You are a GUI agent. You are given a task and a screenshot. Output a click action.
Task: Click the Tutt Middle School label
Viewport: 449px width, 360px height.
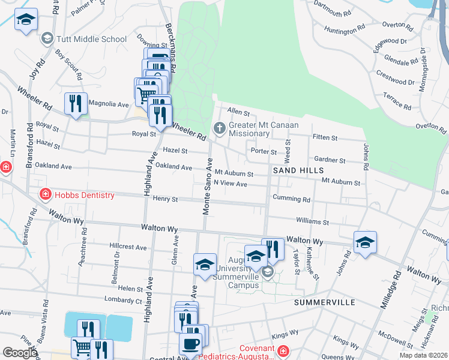click(91, 40)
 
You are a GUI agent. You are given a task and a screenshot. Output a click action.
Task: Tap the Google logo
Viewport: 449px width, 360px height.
click(20, 353)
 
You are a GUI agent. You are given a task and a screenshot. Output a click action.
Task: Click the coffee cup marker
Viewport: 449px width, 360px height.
click(191, 344)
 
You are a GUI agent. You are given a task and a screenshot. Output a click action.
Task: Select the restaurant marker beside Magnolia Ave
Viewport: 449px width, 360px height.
click(76, 104)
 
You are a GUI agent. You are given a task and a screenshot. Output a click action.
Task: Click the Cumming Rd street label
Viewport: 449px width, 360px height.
click(291, 199)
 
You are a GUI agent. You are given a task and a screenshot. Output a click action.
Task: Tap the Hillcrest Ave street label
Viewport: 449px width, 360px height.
click(128, 247)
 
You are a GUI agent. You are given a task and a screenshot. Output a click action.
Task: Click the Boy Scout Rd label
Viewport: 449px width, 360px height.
click(69, 65)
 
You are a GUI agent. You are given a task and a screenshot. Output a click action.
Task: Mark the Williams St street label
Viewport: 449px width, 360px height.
click(313, 222)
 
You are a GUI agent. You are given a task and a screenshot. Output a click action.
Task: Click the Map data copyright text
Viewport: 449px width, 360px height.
click(423, 355)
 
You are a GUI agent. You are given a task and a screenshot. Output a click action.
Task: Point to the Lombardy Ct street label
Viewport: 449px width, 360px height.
click(122, 300)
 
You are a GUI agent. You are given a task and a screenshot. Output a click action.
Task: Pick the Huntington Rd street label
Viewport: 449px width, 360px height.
click(345, 28)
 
